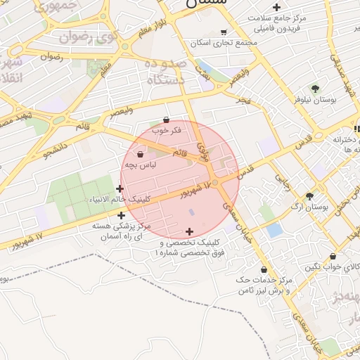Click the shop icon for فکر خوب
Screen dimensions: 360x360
(166, 120)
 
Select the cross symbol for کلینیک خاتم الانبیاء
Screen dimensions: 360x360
(120, 188)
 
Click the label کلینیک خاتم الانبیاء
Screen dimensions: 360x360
(122, 199)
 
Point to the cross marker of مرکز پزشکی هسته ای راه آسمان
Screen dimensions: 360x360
(122, 216)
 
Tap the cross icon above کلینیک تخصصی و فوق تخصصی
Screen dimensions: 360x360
(189, 231)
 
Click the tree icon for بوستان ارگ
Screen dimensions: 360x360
(309, 196)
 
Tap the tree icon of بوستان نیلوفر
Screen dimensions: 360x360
(314, 89)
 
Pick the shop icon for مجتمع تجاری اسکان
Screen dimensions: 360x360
(224, 32)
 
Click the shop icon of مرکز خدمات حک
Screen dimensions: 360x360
(264, 269)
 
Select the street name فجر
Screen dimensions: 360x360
(243, 102)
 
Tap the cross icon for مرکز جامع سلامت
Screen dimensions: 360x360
(277, 7)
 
